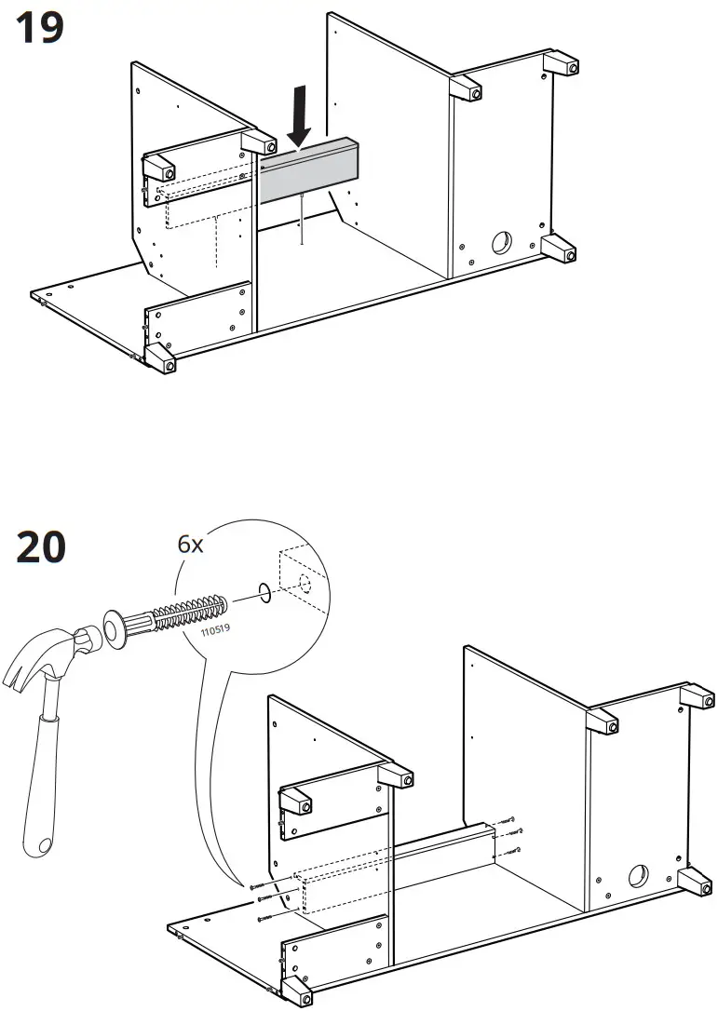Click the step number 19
[x=40, y=28]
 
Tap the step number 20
[x=41, y=546]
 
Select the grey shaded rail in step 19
[x=308, y=172]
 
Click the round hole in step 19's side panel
[x=500, y=243]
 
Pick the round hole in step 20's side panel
[x=638, y=876]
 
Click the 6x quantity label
[x=191, y=545]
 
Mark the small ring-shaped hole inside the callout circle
[x=264, y=590]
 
